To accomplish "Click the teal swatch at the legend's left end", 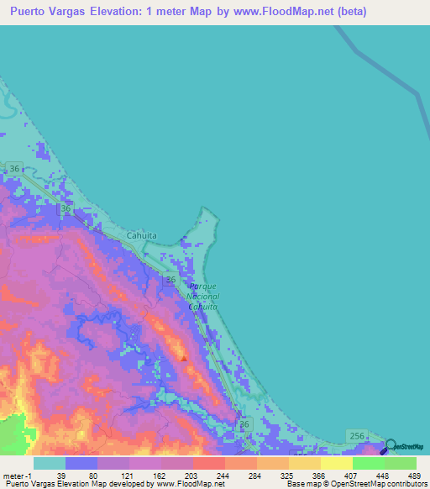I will tap(50, 463).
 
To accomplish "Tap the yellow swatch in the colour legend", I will tap(336, 463).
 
